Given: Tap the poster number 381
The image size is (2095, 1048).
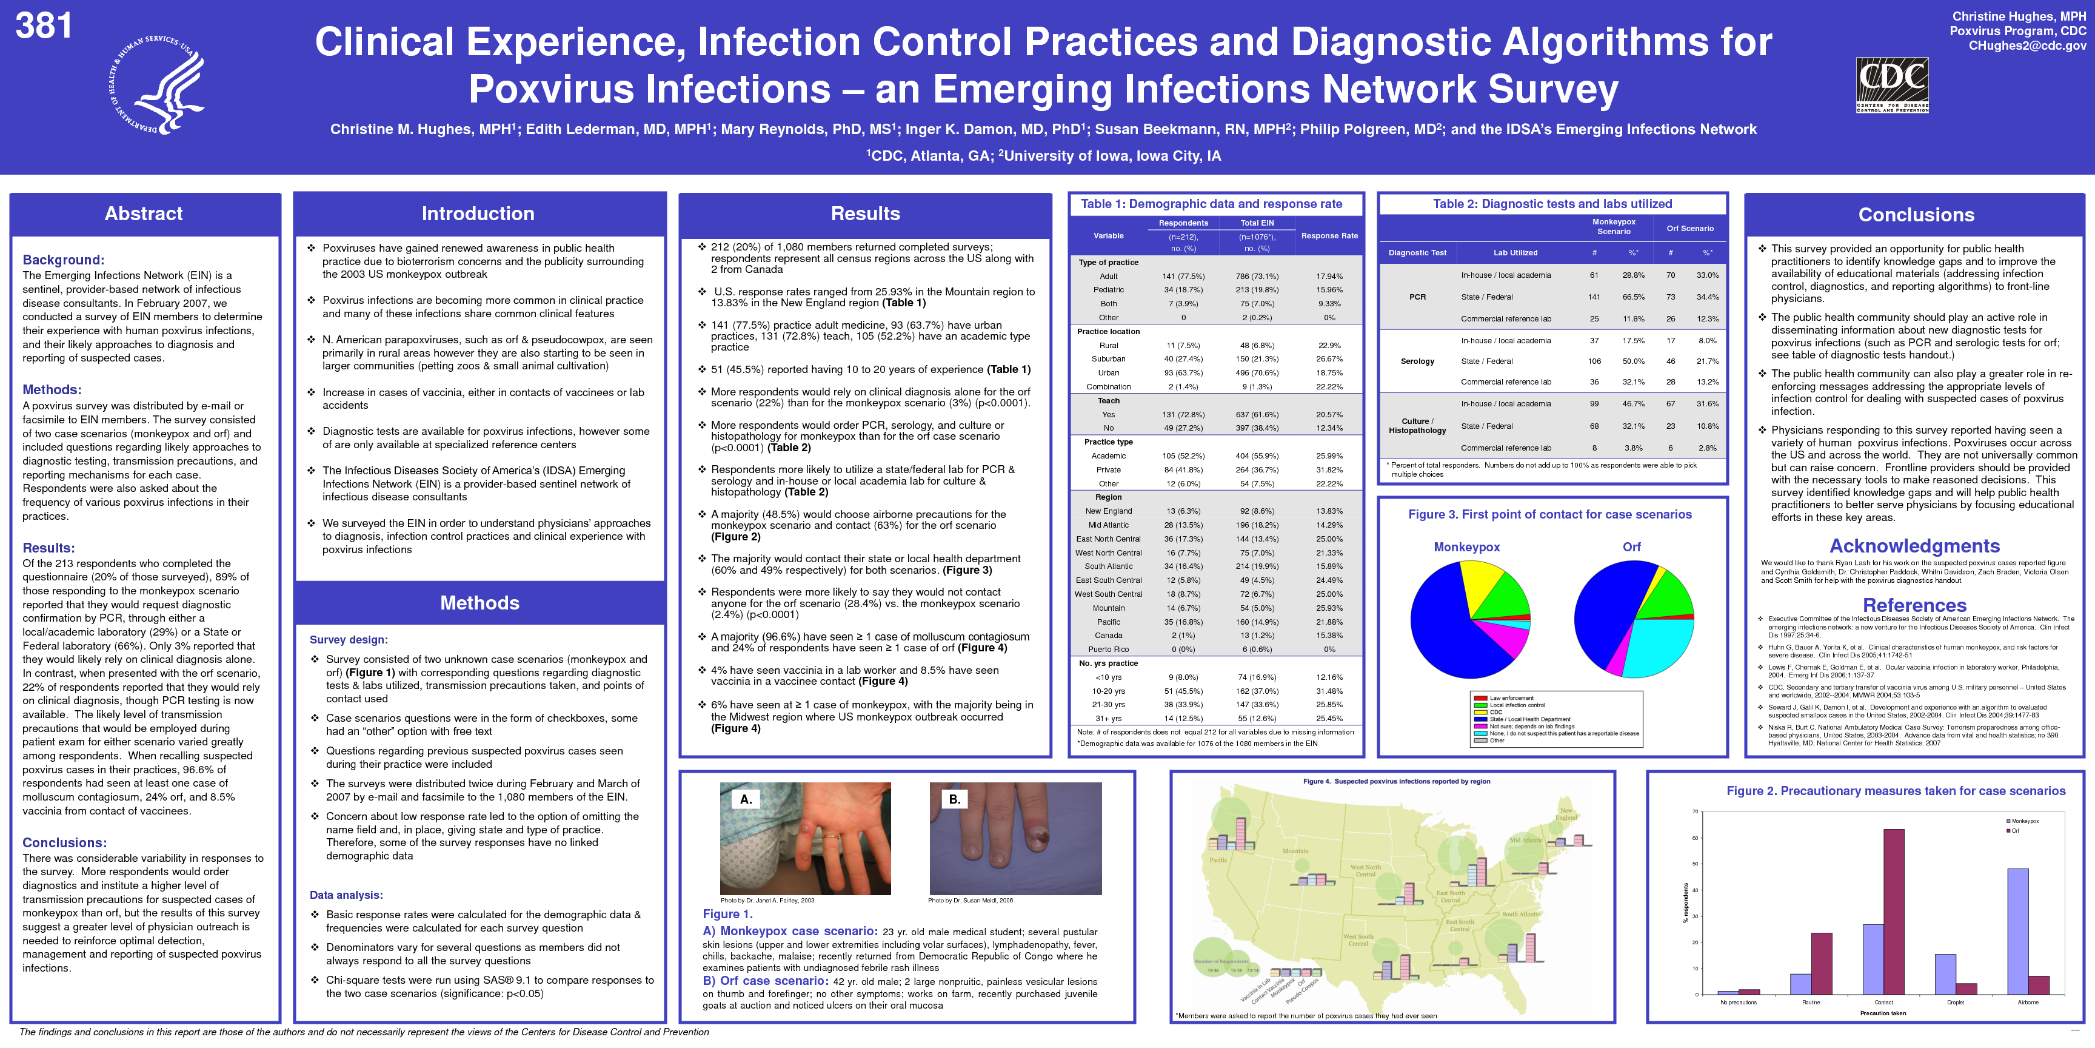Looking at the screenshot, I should tap(44, 26).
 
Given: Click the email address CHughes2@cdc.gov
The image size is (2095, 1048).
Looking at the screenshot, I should tap(2027, 45).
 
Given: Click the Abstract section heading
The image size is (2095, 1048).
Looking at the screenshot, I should tap(144, 214).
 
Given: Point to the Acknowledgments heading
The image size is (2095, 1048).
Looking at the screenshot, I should tap(1914, 546).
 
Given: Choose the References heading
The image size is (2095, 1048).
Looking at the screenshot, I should tap(1914, 605).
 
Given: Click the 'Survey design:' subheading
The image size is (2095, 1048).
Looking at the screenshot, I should tap(348, 640).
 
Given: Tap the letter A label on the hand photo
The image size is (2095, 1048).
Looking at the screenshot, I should tap(746, 799).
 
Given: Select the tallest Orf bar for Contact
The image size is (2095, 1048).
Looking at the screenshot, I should tap(1894, 912).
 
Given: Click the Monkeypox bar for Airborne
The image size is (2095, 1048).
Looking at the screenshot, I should tap(2018, 931).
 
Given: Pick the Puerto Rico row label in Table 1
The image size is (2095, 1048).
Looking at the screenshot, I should tap(1108, 650).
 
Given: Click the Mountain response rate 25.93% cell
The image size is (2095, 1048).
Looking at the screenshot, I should tap(1329, 608).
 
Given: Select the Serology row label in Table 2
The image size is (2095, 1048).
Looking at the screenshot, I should tap(1417, 361).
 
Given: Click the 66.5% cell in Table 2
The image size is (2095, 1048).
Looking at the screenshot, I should tap(1633, 297).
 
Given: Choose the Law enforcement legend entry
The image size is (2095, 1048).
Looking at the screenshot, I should tap(1511, 698).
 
